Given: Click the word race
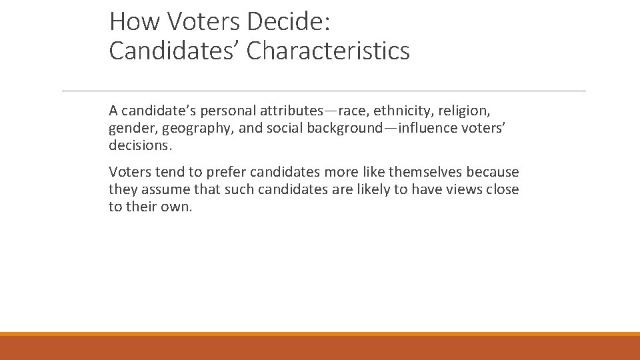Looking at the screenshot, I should (351, 111).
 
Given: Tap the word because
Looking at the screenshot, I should (493, 173).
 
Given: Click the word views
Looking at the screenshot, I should (466, 190).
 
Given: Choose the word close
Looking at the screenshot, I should (503, 190).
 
